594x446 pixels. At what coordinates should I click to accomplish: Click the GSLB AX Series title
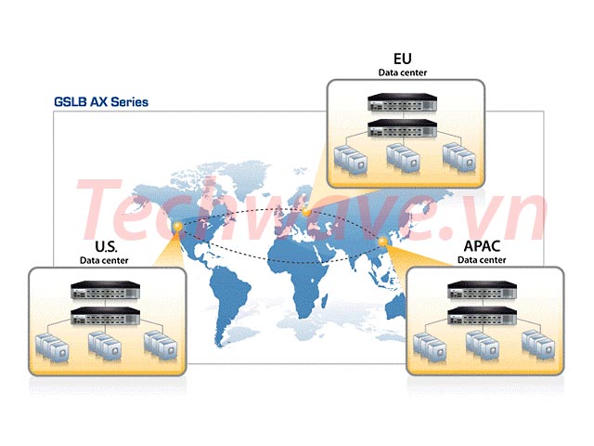coord(101,102)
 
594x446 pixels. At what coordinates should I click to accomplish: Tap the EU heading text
coord(402,59)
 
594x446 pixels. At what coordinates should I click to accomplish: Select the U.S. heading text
coord(106,246)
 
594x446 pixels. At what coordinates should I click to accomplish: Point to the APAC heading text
coord(482,245)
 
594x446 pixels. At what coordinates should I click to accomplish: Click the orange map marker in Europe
coord(306,212)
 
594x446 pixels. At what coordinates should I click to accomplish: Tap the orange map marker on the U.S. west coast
coord(177,227)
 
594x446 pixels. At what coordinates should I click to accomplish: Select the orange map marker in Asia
coord(382,242)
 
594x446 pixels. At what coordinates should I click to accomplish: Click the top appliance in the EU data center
coord(402,102)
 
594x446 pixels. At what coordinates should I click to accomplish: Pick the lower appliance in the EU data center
coord(402,128)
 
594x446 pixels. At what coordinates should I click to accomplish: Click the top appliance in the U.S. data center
coord(105,290)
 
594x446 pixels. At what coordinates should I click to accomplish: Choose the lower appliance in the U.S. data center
coord(105,316)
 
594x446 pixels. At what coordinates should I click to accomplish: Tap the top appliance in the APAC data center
coord(482,290)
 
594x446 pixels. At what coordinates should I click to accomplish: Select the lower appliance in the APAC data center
coord(482,316)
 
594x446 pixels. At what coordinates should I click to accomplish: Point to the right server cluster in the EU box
coord(459,157)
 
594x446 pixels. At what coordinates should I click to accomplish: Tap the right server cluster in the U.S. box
coord(161,345)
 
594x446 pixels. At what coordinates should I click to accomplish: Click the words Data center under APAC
coord(482,260)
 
